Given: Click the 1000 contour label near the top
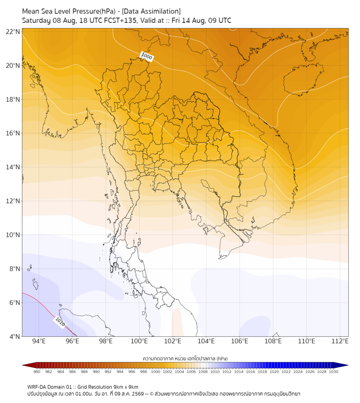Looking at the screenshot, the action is pyautogui.click(x=147, y=57).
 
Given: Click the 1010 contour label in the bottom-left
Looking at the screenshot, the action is pyautogui.click(x=60, y=322).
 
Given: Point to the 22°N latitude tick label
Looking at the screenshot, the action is pyautogui.click(x=13, y=31).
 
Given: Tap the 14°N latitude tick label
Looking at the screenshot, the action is pyautogui.click(x=13, y=167).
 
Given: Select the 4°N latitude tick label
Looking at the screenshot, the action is pyautogui.click(x=14, y=336).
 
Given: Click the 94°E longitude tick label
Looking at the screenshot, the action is pyautogui.click(x=39, y=341).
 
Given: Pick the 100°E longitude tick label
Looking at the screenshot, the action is pyautogui.click(x=139, y=341).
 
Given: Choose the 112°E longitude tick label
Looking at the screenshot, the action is pyautogui.click(x=340, y=341).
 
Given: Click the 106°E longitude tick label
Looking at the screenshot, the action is pyautogui.click(x=240, y=341).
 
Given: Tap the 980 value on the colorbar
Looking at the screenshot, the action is pyautogui.click(x=37, y=372).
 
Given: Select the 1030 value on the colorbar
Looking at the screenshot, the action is pyautogui.click(x=333, y=372).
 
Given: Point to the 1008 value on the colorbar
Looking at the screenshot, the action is pyautogui.click(x=203, y=372).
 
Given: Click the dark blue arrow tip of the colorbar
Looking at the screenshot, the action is pyautogui.click(x=348, y=365).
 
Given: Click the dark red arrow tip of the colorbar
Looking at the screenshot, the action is pyautogui.click(x=22, y=365).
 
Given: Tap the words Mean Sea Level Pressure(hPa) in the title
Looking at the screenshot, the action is pyautogui.click(x=69, y=12).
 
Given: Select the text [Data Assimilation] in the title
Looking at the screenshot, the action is pyautogui.click(x=151, y=12).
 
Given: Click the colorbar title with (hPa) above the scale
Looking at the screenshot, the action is pyautogui.click(x=185, y=358).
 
